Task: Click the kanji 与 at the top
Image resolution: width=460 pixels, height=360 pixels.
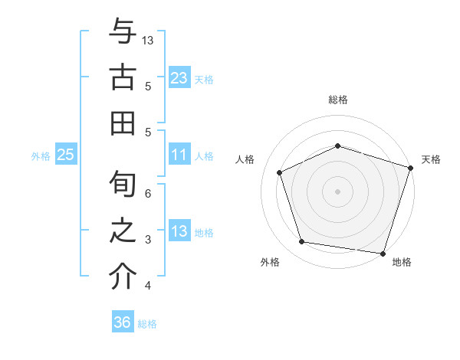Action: (x=123, y=32)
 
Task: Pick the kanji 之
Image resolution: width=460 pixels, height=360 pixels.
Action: (x=123, y=231)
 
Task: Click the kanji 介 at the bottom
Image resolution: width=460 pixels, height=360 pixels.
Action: (x=123, y=277)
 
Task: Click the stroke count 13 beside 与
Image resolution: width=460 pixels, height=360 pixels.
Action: (x=149, y=40)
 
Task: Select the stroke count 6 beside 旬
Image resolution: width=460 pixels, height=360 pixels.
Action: (x=149, y=194)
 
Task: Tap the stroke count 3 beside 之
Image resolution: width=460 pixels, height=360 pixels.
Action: (x=149, y=240)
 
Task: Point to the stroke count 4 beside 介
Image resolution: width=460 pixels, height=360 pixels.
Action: (x=149, y=286)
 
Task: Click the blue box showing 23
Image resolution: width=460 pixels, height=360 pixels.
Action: (x=179, y=78)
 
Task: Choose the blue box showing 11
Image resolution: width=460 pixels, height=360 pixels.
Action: (x=179, y=155)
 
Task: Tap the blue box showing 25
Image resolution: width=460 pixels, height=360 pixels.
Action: (x=66, y=155)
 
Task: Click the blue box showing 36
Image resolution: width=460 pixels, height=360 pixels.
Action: (x=122, y=322)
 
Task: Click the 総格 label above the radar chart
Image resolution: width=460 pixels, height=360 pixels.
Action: (x=337, y=100)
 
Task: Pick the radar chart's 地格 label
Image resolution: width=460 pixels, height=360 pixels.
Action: (x=402, y=262)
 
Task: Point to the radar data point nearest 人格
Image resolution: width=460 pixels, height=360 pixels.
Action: (x=280, y=172)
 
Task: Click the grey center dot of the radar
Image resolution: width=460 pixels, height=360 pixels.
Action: (x=337, y=191)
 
